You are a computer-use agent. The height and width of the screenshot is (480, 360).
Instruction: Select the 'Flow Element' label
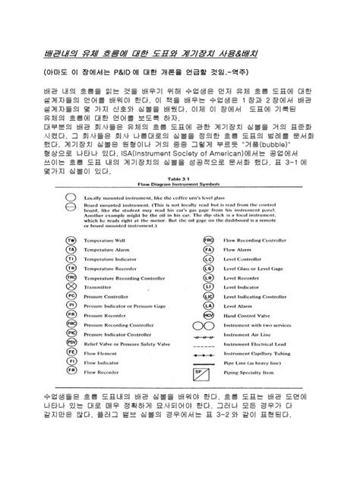tap(99, 352)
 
